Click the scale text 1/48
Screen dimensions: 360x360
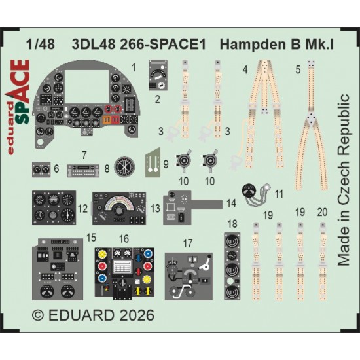click(41, 45)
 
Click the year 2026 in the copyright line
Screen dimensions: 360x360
click(137, 315)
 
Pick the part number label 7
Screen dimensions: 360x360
click(84, 155)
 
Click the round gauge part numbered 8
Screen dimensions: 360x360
click(124, 167)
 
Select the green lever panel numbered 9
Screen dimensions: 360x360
click(153, 163)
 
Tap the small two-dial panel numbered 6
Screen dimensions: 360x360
click(41, 170)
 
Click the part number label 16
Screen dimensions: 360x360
click(124, 239)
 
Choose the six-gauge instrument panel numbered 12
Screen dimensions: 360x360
click(54, 207)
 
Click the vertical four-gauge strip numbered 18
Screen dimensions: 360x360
click(232, 266)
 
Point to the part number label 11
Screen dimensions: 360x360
click(279, 194)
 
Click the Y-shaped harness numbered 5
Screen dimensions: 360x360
click(311, 125)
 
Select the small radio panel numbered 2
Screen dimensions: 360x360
click(158, 75)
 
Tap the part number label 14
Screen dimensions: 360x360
click(231, 203)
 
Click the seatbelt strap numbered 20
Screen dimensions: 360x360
click(323, 261)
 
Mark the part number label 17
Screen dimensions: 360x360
click(188, 243)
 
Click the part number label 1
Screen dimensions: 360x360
click(134, 67)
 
